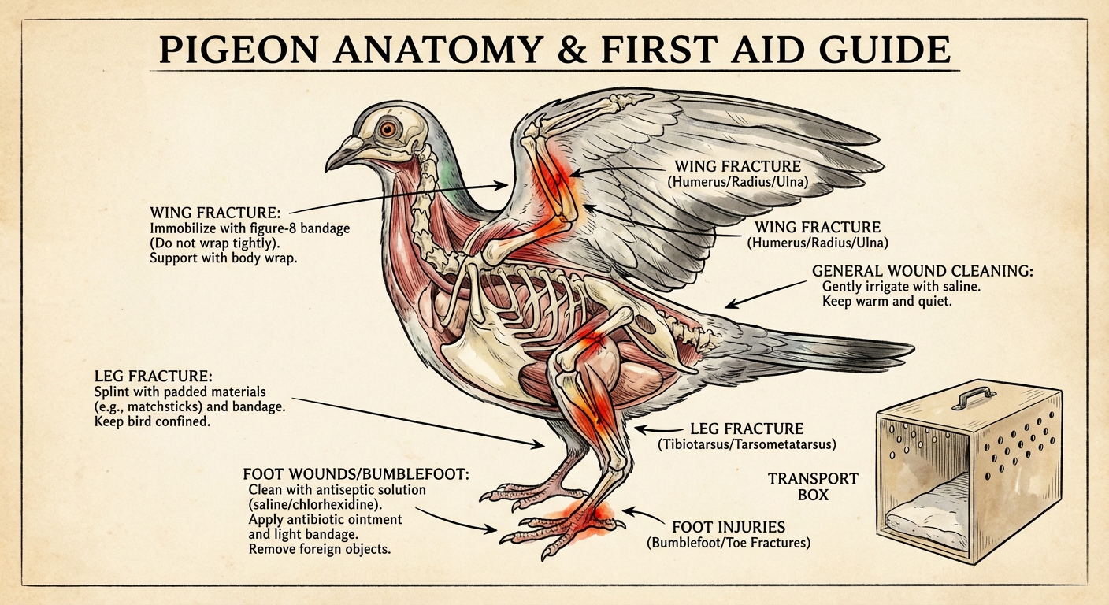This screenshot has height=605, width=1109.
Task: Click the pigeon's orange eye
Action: coord(388,128)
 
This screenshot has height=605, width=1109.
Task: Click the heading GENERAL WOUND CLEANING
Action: coord(922,271)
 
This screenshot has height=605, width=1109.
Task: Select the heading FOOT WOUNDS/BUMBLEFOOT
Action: coord(357,474)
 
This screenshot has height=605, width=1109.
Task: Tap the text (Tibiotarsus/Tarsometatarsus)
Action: coord(747,445)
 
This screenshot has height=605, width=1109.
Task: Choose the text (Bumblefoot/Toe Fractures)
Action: coord(729,543)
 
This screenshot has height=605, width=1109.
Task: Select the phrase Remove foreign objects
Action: coord(319,549)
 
